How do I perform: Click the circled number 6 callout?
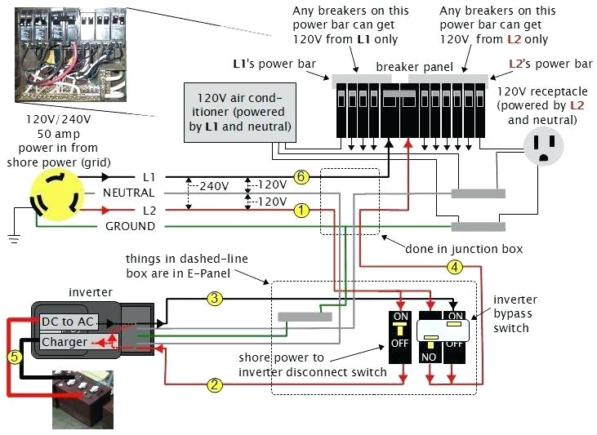(x=301, y=177)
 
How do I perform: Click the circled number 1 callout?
(x=301, y=211)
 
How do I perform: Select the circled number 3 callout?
(x=215, y=300)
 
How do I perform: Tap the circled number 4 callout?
(x=455, y=266)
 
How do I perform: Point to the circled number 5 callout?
(x=14, y=356)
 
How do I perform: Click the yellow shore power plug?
(x=55, y=198)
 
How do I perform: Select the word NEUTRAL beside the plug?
(x=128, y=193)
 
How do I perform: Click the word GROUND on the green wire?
(x=130, y=226)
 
